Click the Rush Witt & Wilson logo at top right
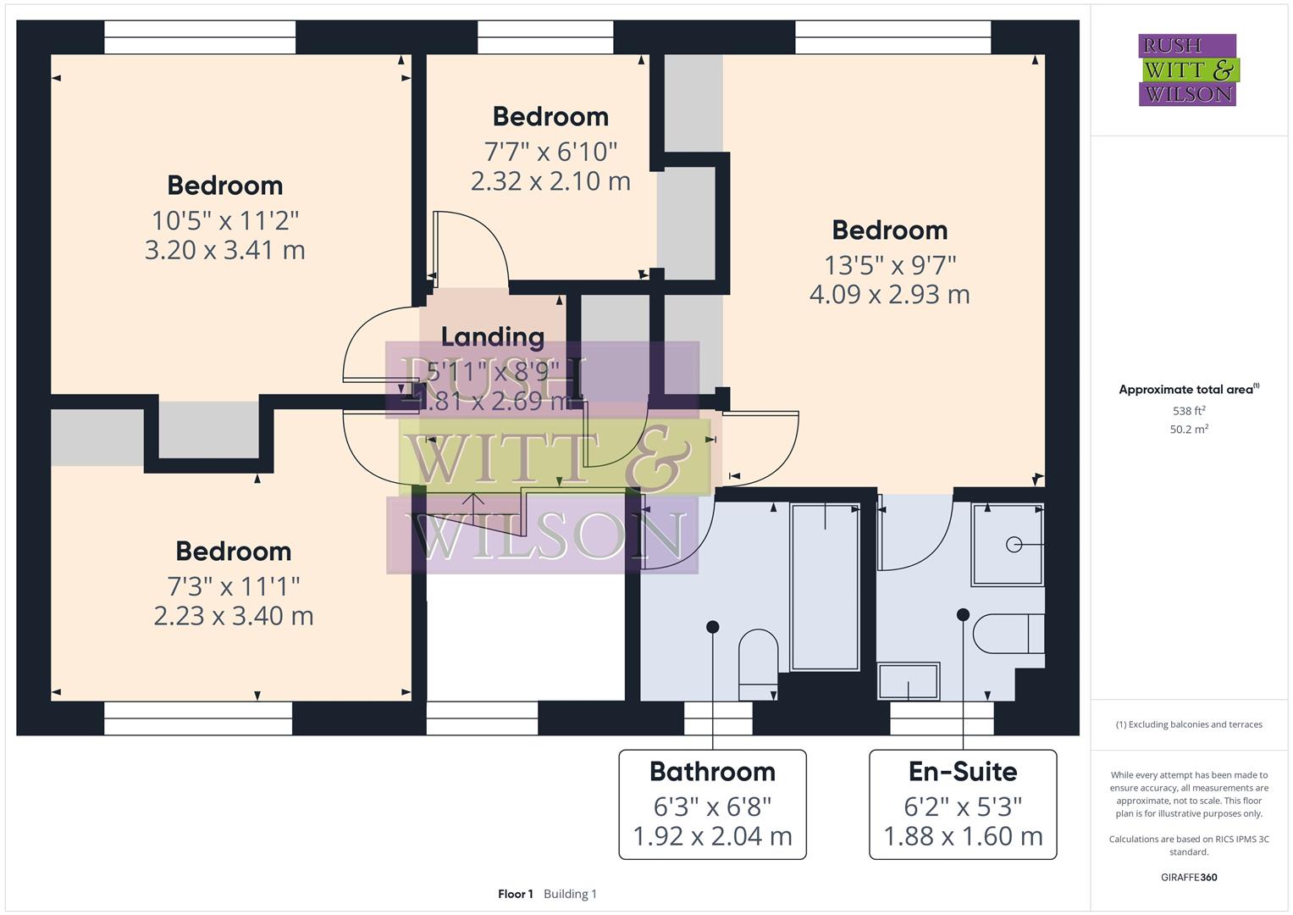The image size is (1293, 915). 1187,70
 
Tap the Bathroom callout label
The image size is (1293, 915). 712,772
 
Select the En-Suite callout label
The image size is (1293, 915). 963,772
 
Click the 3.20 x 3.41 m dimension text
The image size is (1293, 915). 224,251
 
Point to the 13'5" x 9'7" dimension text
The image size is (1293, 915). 890,265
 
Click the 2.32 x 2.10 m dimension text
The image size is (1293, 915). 550,181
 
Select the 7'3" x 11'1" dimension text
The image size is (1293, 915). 233,585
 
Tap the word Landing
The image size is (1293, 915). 493,337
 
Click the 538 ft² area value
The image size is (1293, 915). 1189,411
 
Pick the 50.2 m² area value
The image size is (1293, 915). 1189,430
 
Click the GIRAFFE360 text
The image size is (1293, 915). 1189,877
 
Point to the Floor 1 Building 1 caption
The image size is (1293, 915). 547,894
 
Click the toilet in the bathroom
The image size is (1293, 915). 758,663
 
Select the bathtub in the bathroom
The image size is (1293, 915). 825,586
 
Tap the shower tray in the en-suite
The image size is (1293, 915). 1008,544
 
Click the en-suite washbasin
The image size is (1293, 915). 909,681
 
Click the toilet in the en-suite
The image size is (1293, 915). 1008,634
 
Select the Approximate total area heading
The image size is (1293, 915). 1189,390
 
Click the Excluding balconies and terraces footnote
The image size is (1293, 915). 1189,725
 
